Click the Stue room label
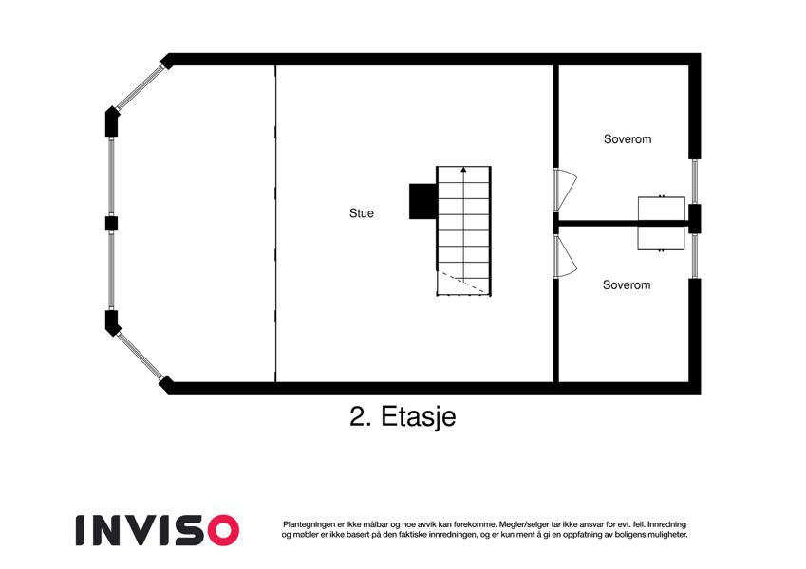[362, 213]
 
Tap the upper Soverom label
[628, 139]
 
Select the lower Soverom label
[627, 285]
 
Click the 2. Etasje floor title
[403, 416]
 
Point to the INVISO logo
[158, 530]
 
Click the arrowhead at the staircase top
[463, 169]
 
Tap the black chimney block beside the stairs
[423, 201]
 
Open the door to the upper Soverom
[566, 190]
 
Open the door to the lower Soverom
[566, 256]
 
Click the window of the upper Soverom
[695, 181]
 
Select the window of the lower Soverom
[695, 256]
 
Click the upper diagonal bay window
[140, 88]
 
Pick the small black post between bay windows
[111, 224]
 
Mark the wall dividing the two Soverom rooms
[623, 224]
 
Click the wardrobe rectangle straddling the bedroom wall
[661, 224]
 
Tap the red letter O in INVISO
[223, 530]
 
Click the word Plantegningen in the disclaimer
[309, 524]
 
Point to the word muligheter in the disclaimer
[667, 535]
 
